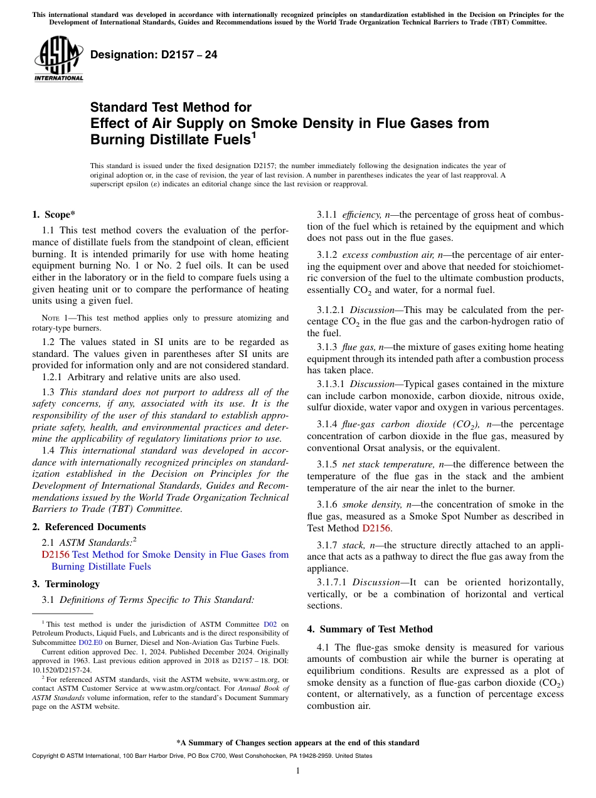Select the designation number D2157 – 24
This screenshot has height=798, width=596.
pyautogui.click(x=154, y=55)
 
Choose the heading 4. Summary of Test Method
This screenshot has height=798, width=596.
pyautogui.click(x=370, y=629)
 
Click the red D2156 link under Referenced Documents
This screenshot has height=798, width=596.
pyautogui.click(x=55, y=555)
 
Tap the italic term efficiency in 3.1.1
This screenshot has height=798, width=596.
pyautogui.click(x=360, y=215)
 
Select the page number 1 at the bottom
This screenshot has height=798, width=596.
pyautogui.click(x=298, y=771)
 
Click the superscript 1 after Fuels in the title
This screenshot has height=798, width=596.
pyautogui.click(x=253, y=134)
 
